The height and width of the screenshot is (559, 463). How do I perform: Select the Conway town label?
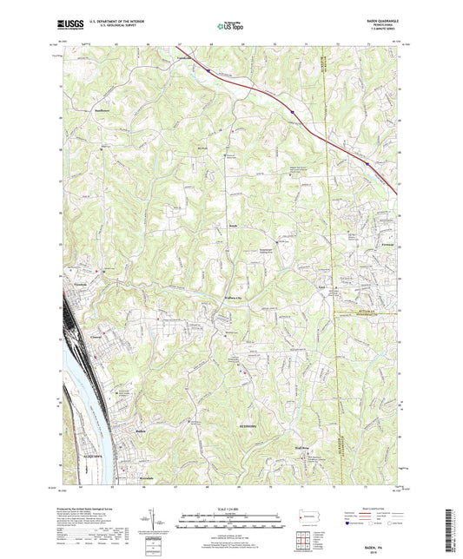click(96, 332)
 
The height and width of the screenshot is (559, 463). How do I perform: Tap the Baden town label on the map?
click(143, 430)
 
